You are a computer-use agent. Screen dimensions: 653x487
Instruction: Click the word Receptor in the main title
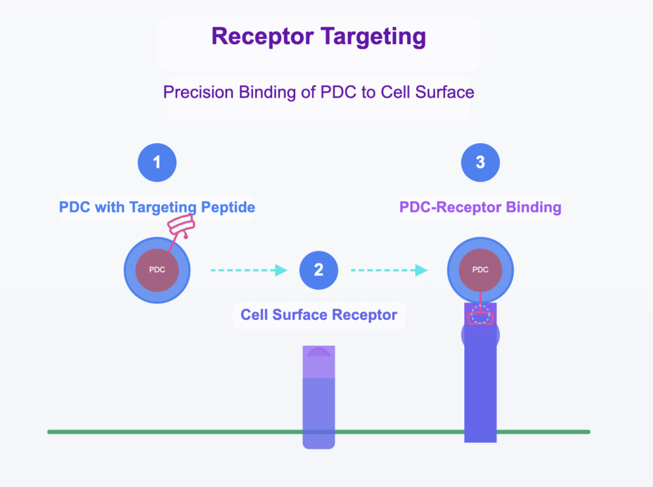[262, 36]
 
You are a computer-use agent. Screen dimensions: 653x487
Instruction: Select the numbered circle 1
[157, 162]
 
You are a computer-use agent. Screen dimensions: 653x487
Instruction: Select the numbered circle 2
[319, 270]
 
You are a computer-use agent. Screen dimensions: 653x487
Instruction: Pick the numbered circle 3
[480, 162]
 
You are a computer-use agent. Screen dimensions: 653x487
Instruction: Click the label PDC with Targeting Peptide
[157, 207]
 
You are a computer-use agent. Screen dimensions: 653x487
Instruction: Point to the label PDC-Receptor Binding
[480, 207]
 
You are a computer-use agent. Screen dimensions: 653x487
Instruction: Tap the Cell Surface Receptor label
[319, 315]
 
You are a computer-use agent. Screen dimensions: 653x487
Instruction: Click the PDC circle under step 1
[157, 270]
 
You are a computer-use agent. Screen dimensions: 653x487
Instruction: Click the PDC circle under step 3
[480, 270]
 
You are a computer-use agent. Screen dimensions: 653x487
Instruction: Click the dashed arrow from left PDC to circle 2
[249, 270]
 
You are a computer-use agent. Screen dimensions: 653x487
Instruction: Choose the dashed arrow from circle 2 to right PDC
[389, 270]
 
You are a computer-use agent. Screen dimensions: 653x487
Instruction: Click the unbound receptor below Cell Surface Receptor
[319, 397]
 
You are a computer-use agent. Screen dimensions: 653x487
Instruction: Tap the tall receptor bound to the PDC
[480, 375]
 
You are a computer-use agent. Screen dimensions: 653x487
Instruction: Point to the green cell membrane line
[319, 432]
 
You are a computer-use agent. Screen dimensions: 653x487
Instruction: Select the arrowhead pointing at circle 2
[281, 270]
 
